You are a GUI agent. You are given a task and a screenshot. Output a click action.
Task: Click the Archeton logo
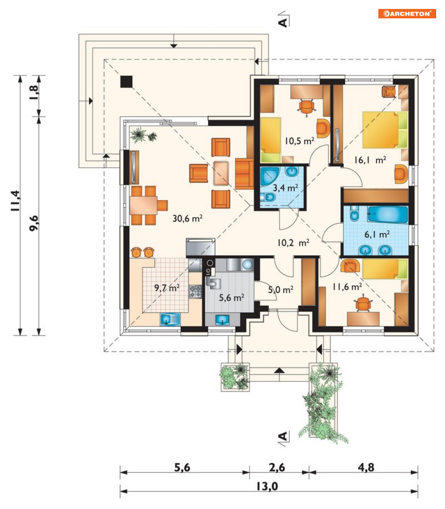click(x=407, y=13)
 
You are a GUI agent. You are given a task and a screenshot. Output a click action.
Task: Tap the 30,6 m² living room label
click(x=187, y=218)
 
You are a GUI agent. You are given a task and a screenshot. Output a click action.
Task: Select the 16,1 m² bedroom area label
click(x=370, y=160)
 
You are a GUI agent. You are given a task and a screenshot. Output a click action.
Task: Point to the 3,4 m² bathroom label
click(x=285, y=187)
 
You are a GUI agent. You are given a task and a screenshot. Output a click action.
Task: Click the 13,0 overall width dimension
click(x=267, y=486)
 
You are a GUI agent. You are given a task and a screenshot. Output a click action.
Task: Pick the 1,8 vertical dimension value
click(x=34, y=92)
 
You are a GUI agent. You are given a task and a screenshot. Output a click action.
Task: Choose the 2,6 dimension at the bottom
click(x=277, y=467)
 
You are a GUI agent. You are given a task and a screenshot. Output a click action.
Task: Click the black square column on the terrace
click(x=126, y=81)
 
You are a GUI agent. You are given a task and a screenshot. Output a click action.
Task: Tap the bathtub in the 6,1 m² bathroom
click(x=387, y=215)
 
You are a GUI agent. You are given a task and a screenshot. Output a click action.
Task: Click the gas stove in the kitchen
click(x=195, y=291)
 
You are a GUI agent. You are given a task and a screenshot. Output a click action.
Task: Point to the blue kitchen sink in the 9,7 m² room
click(x=170, y=319)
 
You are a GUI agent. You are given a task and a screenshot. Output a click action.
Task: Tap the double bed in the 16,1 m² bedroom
click(x=385, y=130)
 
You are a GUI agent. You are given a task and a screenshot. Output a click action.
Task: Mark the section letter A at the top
click(x=283, y=22)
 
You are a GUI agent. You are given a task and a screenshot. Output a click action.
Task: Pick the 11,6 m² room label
click(x=347, y=287)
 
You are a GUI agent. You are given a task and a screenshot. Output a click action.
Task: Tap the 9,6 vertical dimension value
click(x=34, y=223)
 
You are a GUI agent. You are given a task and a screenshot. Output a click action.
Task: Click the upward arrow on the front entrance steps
click(x=279, y=370)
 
